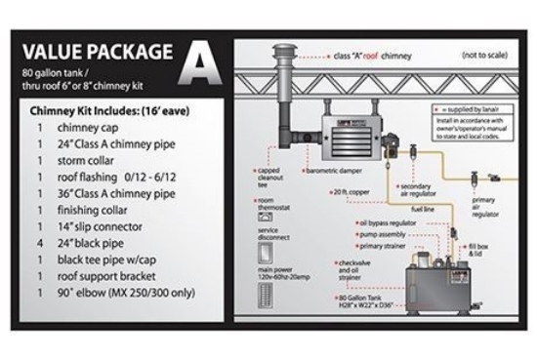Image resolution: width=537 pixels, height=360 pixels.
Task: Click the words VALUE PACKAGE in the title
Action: coord(98,52)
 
